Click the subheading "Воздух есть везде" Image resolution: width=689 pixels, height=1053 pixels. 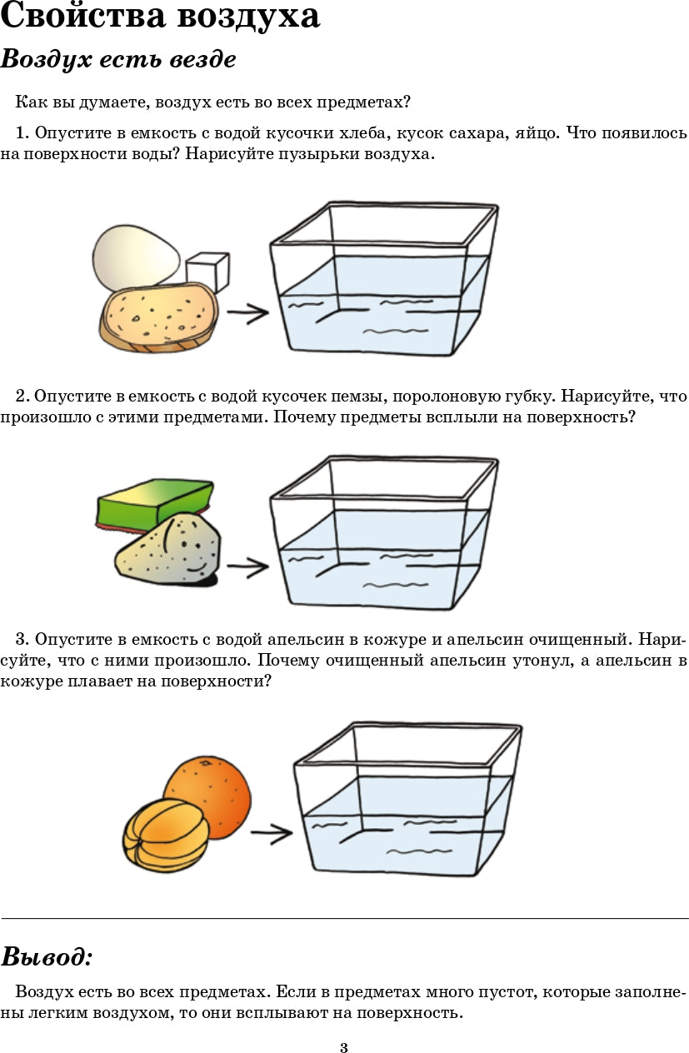click(118, 60)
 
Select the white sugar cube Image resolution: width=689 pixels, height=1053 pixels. click(207, 272)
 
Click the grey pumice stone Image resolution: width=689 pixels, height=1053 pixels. click(167, 550)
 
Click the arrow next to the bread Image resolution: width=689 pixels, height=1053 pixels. click(247, 313)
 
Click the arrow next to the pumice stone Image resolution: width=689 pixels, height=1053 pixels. click(247, 567)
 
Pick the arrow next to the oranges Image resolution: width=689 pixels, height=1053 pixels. click(272, 832)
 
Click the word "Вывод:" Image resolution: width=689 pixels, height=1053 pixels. click(47, 956)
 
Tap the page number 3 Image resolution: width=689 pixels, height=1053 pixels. click(344, 1047)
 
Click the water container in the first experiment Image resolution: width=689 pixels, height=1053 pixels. click(383, 279)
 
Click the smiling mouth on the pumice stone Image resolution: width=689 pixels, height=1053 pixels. click(194, 566)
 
